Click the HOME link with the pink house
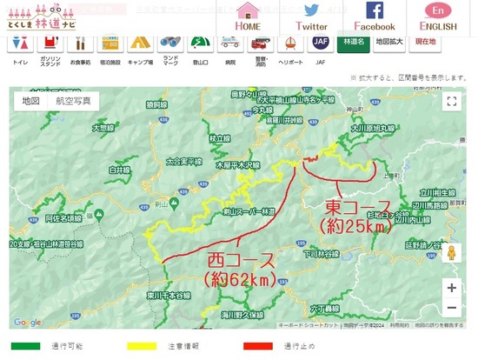pyautogui.click(x=248, y=15)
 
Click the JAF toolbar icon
pyautogui.click(x=296, y=43)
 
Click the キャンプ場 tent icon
pyautogui.click(x=140, y=43)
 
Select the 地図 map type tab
pyautogui.click(x=31, y=101)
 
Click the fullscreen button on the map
pyautogui.click(x=451, y=102)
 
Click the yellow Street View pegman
pyautogui.click(x=451, y=253)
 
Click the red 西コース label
pyautogui.click(x=239, y=260)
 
